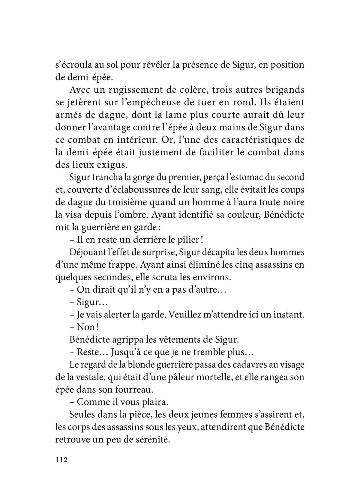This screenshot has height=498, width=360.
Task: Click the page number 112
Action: coord(61,460)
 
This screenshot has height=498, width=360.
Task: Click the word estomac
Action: coord(251,177)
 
